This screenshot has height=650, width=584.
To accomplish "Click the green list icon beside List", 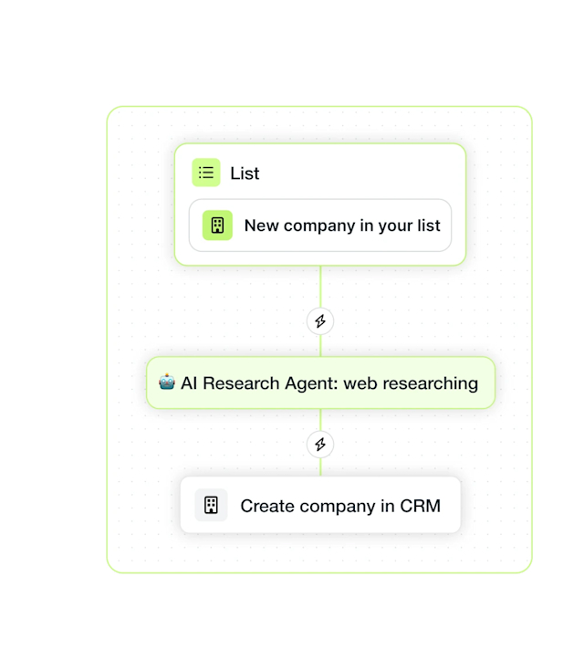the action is click(x=206, y=173).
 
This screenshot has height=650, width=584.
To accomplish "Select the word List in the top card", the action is click(x=245, y=173).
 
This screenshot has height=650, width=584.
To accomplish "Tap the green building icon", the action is click(x=217, y=225).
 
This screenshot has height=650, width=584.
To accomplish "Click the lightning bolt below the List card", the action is click(x=320, y=321).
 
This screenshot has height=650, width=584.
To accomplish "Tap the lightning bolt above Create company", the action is click(x=320, y=445).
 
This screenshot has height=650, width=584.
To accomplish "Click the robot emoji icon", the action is click(x=167, y=382).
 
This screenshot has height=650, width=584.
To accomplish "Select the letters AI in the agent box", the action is click(x=189, y=383).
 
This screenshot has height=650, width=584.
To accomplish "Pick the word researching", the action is click(x=430, y=384).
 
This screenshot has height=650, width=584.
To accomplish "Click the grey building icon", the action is click(x=211, y=505).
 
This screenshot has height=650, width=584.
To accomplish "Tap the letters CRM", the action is click(x=420, y=506).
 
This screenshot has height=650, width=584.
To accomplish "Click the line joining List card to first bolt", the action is click(x=320, y=287).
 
